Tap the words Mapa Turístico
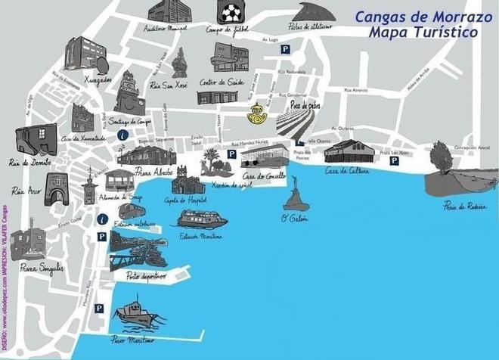pos(423,33)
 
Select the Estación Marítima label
pos(201,237)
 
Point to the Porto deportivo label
pos(144,276)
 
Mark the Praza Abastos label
pos(154,172)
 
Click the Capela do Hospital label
pos(185,200)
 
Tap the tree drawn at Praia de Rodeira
pos(440,157)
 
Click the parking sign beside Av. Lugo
pos(285,49)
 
